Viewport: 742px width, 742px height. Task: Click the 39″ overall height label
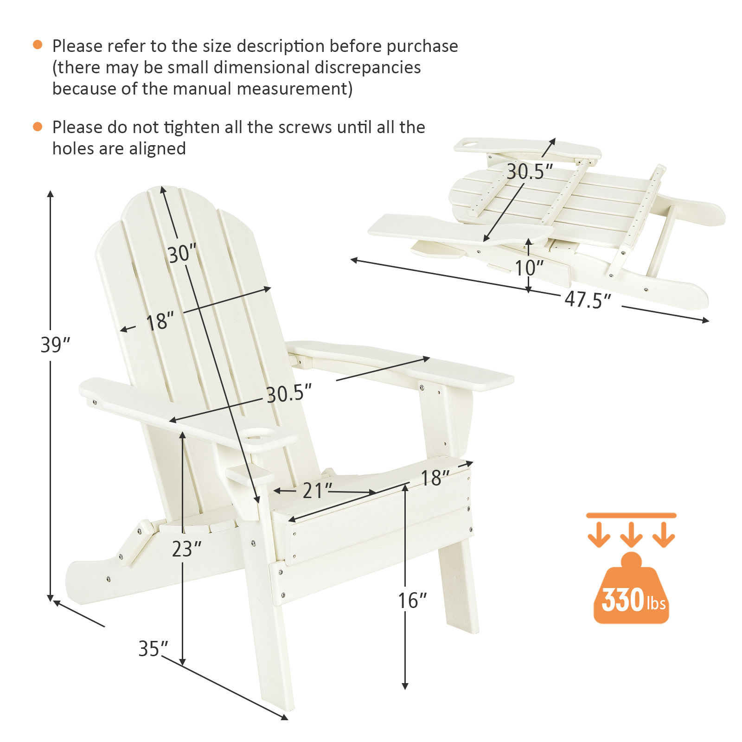(x=55, y=345)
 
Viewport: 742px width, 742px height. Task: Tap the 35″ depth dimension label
(x=153, y=648)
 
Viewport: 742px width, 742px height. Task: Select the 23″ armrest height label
(x=186, y=549)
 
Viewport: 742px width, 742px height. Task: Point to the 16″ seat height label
(x=412, y=601)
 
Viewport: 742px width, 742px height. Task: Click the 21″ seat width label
(x=318, y=491)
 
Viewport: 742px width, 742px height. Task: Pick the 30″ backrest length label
(x=182, y=254)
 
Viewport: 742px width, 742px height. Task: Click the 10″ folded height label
(x=529, y=268)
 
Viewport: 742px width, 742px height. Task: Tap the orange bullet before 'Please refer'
(x=38, y=45)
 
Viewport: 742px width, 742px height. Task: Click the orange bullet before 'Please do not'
(x=38, y=126)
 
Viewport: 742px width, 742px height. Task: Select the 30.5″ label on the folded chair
(x=530, y=172)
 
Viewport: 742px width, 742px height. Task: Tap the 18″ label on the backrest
(x=160, y=322)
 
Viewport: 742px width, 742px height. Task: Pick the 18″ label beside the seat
(x=435, y=478)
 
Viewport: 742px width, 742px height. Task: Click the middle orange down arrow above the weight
(x=631, y=534)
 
